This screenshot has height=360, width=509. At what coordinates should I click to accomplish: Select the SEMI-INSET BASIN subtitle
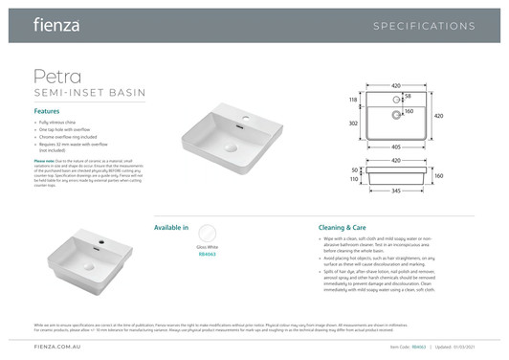pyautogui.click(x=89, y=93)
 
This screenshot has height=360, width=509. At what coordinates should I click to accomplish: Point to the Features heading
pyautogui.click(x=54, y=112)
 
